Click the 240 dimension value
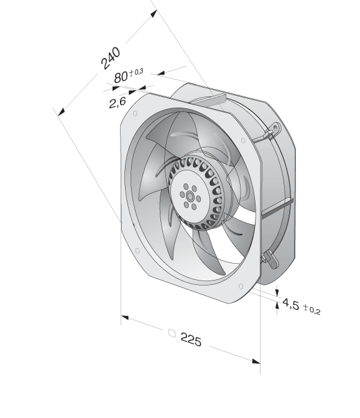[110, 58]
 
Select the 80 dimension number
[121, 77]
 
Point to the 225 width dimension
[191, 340]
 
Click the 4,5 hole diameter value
[291, 304]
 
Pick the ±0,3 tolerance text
[136, 72]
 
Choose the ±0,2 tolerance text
[312, 310]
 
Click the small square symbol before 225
[172, 333]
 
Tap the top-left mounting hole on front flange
[135, 114]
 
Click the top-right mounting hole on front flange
[242, 140]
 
